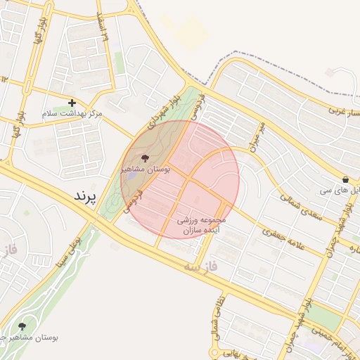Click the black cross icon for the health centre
point(72,103)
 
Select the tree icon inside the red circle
point(146,159)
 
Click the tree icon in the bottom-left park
point(22,326)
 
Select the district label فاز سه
point(201,267)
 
